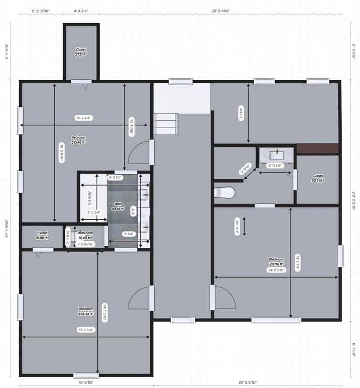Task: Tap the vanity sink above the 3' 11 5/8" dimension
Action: [x=277, y=155]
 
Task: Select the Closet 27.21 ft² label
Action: [x=81, y=52]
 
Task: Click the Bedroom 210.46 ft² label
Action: [x=78, y=140]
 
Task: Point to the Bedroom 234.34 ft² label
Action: [x=85, y=311]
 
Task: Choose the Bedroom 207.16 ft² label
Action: [x=276, y=261]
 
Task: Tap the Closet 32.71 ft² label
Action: [x=318, y=178]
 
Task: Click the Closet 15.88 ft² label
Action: [x=42, y=236]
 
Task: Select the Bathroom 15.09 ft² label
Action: [x=85, y=235]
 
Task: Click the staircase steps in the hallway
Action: [x=167, y=123]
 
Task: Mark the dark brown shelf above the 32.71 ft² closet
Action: [x=317, y=149]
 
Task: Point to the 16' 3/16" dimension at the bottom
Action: [x=86, y=383]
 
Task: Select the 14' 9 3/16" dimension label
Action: [x=276, y=270]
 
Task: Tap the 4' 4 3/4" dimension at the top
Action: [x=81, y=10]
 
